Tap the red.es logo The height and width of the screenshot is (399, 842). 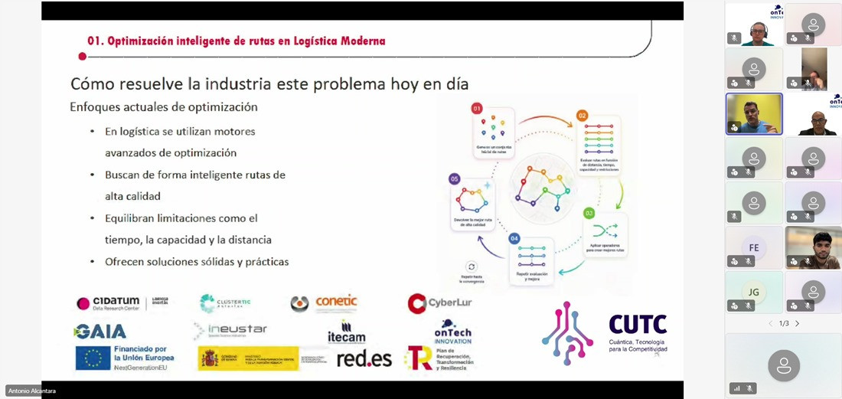(x=364, y=358)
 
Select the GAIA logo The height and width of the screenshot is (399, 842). (x=100, y=331)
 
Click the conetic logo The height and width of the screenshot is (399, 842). (x=324, y=303)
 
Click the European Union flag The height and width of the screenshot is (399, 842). (x=92, y=358)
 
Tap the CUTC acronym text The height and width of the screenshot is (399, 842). (x=638, y=325)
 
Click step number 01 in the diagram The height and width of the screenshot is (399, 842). (x=477, y=109)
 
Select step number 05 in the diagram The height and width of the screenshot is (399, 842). (x=455, y=178)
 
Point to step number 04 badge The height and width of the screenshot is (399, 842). (x=514, y=239)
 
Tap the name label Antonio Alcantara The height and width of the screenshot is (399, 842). (x=32, y=391)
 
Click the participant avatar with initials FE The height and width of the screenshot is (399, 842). (x=754, y=248)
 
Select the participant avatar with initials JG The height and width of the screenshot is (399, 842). (x=754, y=292)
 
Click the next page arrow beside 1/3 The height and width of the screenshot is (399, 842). (x=797, y=324)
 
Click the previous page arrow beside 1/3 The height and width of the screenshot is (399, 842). (x=771, y=324)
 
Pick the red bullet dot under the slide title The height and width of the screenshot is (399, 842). (x=82, y=56)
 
